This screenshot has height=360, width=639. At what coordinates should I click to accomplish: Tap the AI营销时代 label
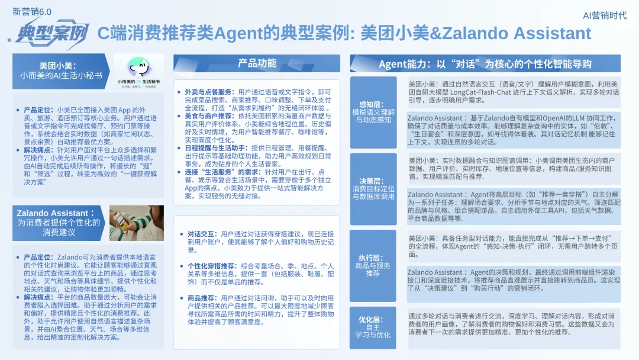tap(605, 15)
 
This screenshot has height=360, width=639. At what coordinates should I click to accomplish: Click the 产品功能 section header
tap(257, 63)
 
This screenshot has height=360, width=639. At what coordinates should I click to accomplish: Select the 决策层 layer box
tap(373, 188)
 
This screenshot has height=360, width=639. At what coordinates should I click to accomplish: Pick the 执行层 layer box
tap(373, 265)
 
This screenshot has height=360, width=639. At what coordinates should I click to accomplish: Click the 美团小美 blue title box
tap(60, 70)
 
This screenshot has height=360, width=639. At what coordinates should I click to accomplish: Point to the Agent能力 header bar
tap(485, 63)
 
